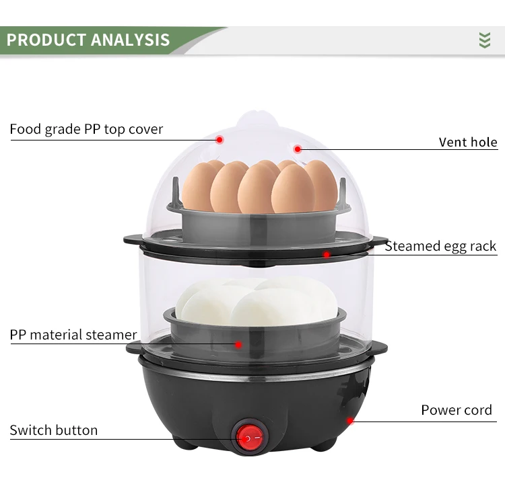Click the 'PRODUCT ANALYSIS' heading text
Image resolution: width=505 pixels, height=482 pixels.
click(x=88, y=39)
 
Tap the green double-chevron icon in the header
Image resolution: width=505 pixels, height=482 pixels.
click(x=484, y=40)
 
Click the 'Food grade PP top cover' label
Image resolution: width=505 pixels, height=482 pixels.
click(x=86, y=129)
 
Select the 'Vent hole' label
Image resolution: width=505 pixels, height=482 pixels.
click(x=467, y=142)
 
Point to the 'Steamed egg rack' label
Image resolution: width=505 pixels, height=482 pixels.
click(x=440, y=246)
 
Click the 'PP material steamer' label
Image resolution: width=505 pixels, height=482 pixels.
click(x=73, y=335)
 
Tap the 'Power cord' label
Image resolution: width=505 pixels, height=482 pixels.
click(x=456, y=410)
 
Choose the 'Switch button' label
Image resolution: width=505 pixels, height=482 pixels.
click(x=54, y=430)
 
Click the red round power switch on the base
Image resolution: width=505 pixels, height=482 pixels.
click(x=248, y=438)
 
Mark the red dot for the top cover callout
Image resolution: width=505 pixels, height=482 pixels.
click(x=220, y=139)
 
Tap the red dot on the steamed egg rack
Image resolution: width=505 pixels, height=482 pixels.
click(x=327, y=255)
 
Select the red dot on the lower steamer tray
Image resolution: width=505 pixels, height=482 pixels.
click(x=238, y=344)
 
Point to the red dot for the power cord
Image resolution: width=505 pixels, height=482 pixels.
click(x=350, y=421)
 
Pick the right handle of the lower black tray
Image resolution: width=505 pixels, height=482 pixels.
click(x=378, y=347)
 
